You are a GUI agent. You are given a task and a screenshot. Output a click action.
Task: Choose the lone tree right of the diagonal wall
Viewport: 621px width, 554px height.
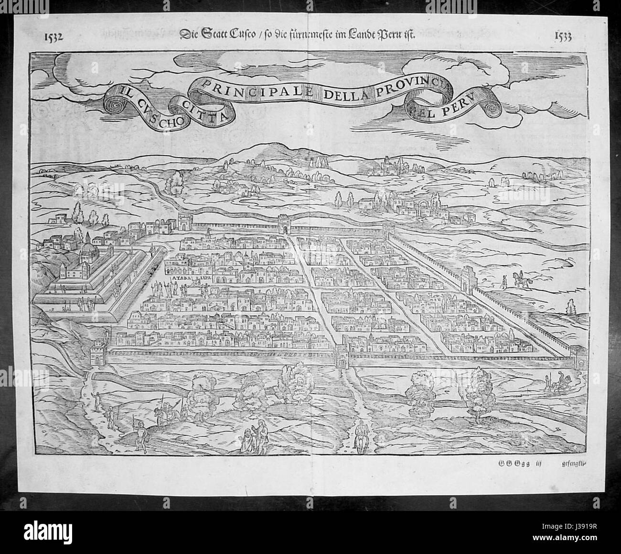tap(570, 308)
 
